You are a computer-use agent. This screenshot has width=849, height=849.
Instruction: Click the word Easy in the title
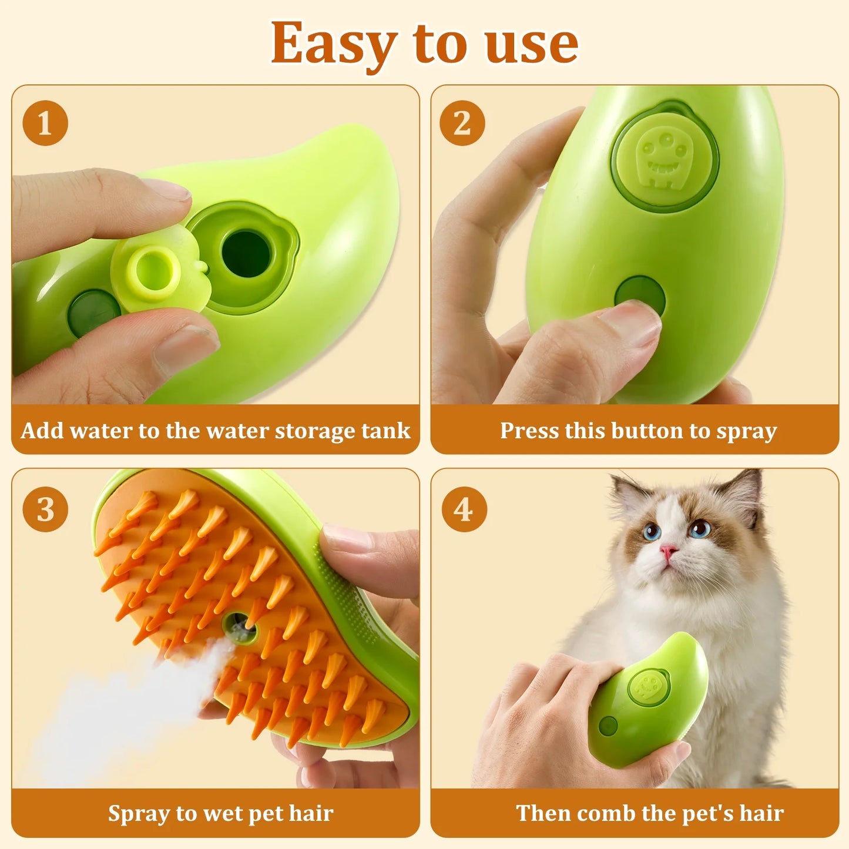333,44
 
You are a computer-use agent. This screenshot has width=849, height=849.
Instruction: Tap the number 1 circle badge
45,123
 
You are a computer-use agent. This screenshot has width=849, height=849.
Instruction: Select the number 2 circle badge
462,123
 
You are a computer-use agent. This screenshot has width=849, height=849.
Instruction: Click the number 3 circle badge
45,509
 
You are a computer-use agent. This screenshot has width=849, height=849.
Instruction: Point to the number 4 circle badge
464,509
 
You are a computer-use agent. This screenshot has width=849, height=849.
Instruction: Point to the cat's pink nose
668,551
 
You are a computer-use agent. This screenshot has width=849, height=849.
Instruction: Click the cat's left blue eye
652,532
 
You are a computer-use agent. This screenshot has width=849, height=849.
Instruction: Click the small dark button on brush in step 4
608,726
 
